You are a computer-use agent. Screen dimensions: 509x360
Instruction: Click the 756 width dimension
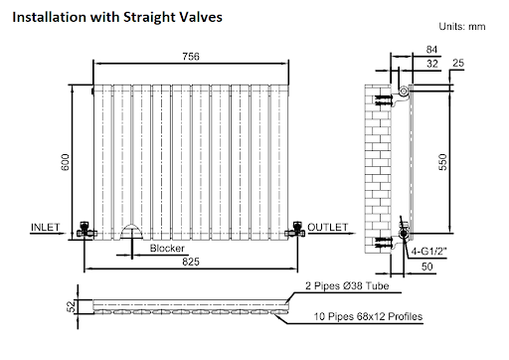191,57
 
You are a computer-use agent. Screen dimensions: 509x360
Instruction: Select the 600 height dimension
66,162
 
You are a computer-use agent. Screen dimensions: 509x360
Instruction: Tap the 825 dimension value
191,262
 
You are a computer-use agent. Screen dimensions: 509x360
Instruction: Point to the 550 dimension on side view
442,162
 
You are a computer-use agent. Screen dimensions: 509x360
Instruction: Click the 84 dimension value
431,50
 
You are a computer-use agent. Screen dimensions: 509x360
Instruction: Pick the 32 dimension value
432,64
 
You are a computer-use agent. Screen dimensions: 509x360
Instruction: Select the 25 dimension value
458,63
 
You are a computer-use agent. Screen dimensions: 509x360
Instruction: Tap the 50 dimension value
427,267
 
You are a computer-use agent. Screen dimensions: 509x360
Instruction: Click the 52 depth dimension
71,306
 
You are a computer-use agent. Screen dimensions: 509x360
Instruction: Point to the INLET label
46,227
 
